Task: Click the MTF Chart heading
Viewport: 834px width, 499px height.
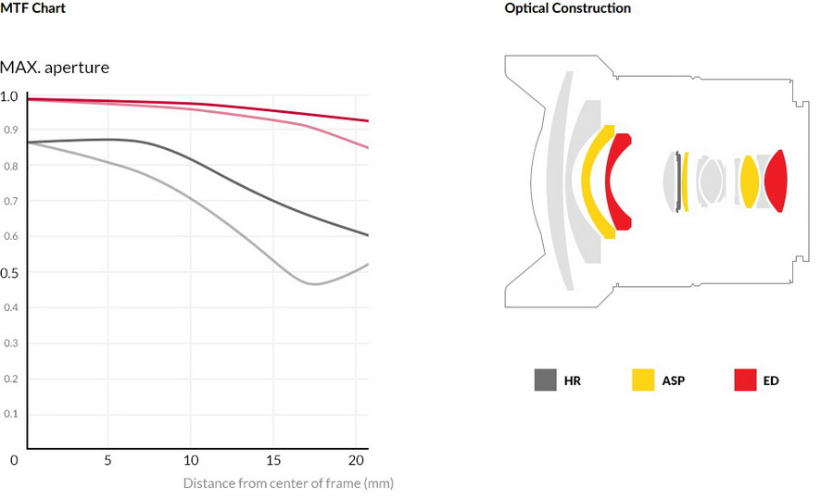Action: click(x=32, y=8)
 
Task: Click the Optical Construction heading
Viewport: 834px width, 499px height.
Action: click(x=567, y=8)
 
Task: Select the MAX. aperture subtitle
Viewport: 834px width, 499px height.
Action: click(x=55, y=68)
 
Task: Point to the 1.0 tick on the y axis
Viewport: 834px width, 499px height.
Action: click(x=8, y=96)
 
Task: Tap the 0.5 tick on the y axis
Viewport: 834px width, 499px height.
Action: click(x=8, y=272)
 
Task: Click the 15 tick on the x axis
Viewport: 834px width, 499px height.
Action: click(x=272, y=460)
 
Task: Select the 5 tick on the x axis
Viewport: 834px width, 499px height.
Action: click(x=107, y=460)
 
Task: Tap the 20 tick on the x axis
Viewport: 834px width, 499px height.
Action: click(x=355, y=460)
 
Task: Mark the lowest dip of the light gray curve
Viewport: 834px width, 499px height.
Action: click(x=315, y=284)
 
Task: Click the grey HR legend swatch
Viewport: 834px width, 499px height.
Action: click(x=546, y=380)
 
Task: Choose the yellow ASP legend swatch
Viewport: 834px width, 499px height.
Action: click(x=643, y=380)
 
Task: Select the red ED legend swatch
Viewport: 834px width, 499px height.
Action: click(x=745, y=380)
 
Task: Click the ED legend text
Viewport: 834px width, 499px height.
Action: click(x=771, y=380)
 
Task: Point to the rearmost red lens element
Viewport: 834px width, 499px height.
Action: click(x=776, y=180)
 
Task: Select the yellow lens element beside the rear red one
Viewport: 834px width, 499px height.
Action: click(x=749, y=181)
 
